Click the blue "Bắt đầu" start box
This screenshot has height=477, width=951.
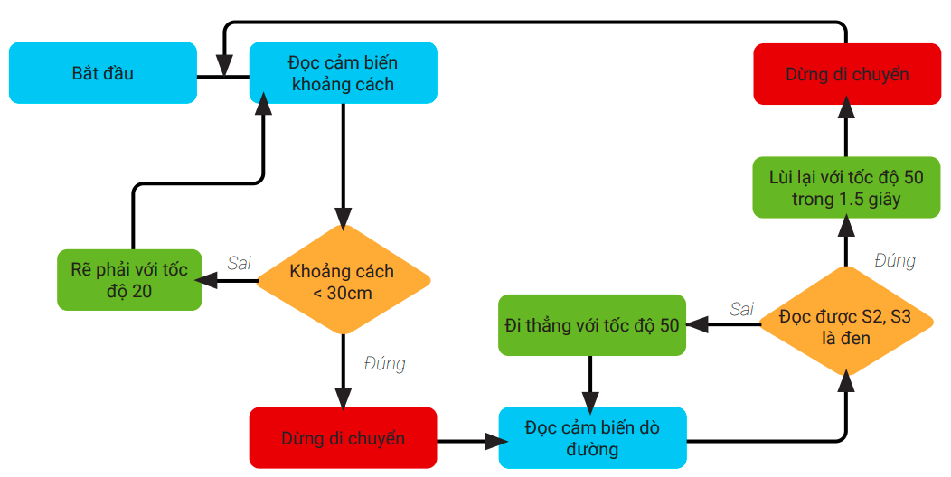(x=103, y=73)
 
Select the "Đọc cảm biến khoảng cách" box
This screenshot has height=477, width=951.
(x=343, y=73)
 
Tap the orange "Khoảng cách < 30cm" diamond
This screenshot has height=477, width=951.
(x=343, y=282)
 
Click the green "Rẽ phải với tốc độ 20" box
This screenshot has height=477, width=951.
(x=129, y=279)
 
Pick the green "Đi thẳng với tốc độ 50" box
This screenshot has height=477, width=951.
(x=591, y=325)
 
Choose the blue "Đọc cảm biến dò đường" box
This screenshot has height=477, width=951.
(x=592, y=437)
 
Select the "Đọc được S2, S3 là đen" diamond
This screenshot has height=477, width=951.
(x=846, y=323)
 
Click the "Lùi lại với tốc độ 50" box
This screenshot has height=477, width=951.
(x=846, y=188)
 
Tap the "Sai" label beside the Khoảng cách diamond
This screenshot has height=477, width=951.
(x=240, y=263)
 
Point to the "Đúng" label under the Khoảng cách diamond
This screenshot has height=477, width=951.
(x=384, y=363)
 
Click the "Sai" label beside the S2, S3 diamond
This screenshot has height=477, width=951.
(x=741, y=309)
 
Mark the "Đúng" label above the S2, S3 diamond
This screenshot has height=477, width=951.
(x=895, y=260)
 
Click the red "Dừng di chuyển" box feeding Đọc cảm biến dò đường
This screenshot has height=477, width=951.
(x=343, y=438)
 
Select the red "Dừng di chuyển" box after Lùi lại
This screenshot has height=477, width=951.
(x=846, y=73)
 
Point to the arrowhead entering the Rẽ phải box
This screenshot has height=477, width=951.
(x=209, y=281)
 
